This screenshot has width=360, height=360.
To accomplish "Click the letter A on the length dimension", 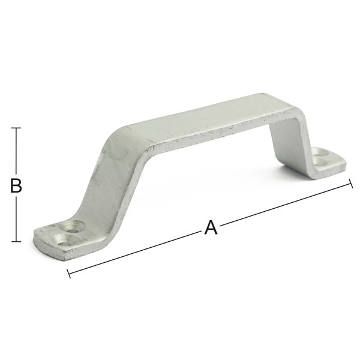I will tap(211, 227).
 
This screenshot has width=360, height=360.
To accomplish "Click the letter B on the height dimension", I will tap(16, 185).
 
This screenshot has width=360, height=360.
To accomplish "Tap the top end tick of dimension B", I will tap(16, 128).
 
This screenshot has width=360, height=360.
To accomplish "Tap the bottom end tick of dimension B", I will tap(16, 242).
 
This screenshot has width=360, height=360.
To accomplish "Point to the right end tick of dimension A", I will tap(350, 184).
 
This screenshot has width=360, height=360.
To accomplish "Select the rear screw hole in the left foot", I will tap(74, 227).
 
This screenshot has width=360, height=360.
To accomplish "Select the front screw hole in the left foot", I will tap(64, 240).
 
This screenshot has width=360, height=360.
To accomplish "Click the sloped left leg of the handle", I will tap(111, 180).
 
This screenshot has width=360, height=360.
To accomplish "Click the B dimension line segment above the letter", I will tap(16, 153).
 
